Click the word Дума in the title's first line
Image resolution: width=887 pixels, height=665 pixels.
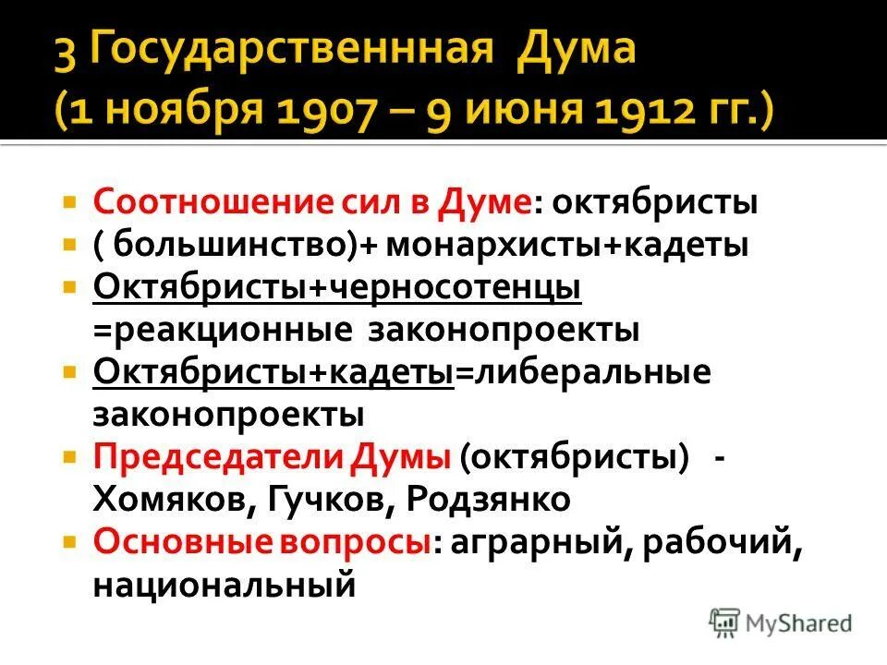pyautogui.click(x=576, y=50)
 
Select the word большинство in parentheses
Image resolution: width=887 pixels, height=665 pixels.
pyautogui.click(x=209, y=246)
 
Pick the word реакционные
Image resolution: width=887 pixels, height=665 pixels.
pyautogui.click(x=222, y=330)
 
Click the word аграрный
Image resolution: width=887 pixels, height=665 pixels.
pyautogui.click(x=535, y=541)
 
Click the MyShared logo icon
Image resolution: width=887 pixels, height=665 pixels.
pyautogui.click(x=723, y=621)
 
